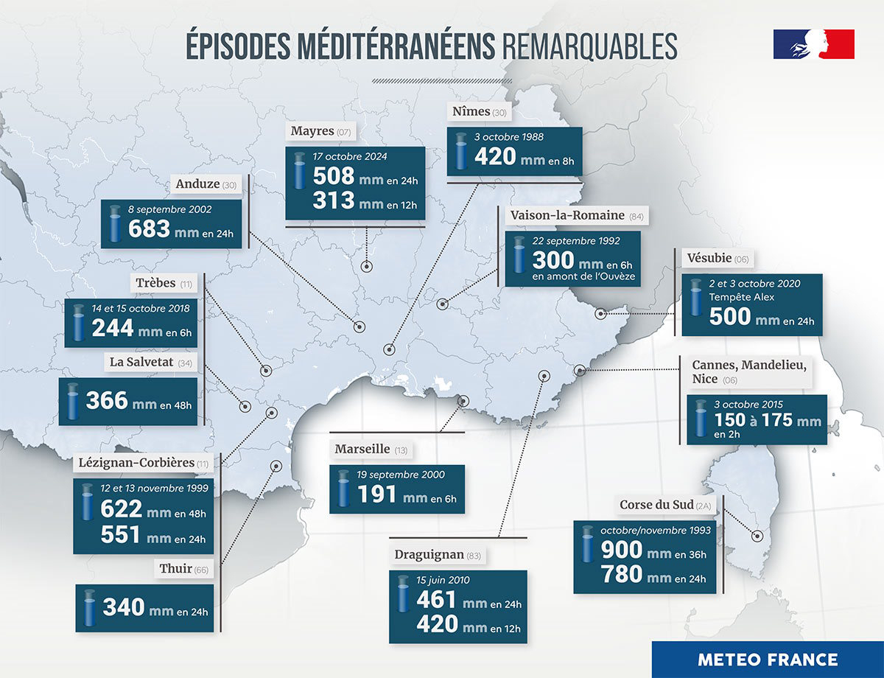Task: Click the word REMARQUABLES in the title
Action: click(x=589, y=46)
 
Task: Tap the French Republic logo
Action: click(x=813, y=44)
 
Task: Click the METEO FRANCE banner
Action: click(x=768, y=660)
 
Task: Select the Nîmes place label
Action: click(x=469, y=111)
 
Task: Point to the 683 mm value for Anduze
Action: click(x=151, y=229)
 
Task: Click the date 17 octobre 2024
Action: click(x=350, y=156)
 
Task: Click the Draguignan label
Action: click(x=429, y=553)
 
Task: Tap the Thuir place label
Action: click(x=175, y=568)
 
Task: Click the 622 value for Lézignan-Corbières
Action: click(x=121, y=509)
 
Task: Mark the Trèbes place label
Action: click(x=155, y=283)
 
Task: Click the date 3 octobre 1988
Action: click(x=509, y=138)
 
